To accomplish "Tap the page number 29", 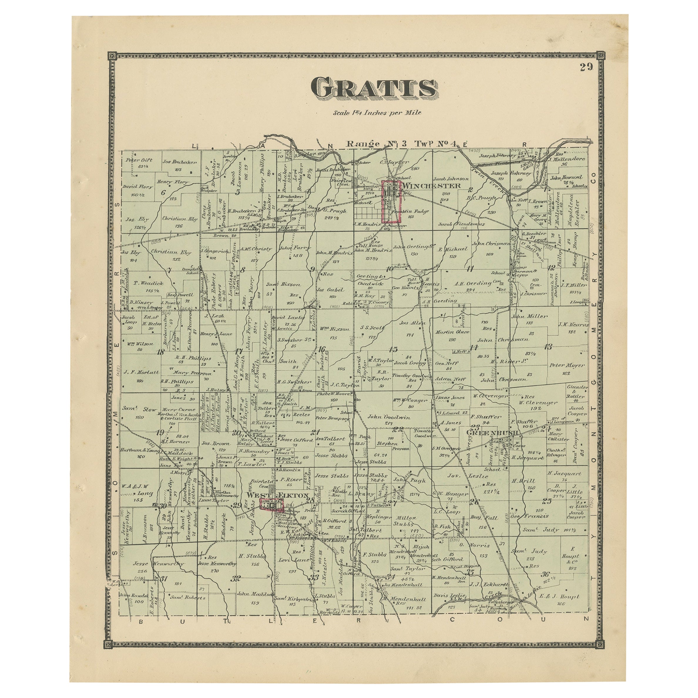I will coord(586,67).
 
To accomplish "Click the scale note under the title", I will coord(377,112).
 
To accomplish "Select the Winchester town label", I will coord(432,186).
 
